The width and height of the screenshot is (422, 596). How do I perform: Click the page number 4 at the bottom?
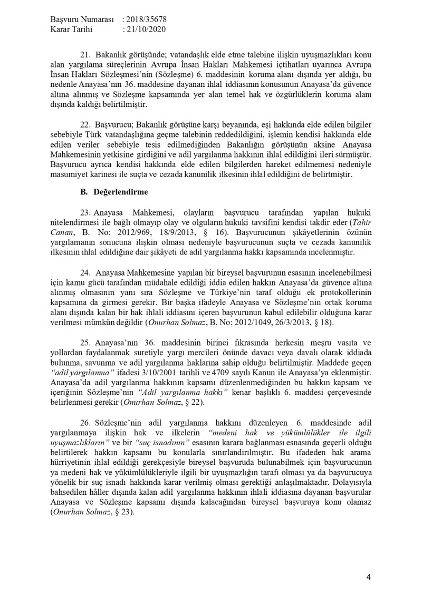click(x=368, y=577)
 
